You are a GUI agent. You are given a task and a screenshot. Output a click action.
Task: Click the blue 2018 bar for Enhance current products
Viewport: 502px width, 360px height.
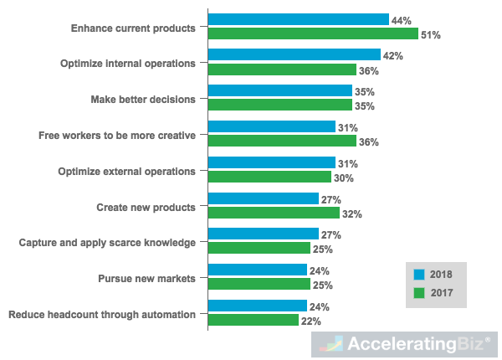(x=298, y=19)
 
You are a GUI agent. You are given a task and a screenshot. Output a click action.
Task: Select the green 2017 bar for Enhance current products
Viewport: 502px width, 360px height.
(x=313, y=34)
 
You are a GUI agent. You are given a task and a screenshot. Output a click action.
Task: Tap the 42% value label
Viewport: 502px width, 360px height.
(x=393, y=55)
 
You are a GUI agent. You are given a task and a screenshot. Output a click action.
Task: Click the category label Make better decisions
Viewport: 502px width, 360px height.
(x=143, y=99)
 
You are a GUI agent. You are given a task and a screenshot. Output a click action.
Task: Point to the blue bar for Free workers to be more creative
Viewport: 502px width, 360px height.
(x=271, y=126)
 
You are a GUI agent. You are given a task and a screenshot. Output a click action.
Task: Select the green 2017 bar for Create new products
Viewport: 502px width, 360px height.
(x=274, y=213)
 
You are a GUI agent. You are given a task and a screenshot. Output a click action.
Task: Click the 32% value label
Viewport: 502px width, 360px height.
(x=351, y=214)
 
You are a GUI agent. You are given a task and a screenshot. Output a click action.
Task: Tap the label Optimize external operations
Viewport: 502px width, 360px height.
(x=126, y=171)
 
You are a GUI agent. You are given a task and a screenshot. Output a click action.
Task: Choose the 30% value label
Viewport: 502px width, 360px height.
(x=344, y=177)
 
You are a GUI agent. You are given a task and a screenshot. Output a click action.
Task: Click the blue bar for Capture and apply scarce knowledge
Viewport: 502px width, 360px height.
(x=263, y=234)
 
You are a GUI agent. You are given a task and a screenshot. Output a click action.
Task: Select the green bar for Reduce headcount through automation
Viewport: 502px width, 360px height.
(x=253, y=321)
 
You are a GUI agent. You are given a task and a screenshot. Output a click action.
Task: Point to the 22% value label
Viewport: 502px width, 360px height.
(x=310, y=321)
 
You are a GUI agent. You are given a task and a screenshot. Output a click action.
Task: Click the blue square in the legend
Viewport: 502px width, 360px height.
(x=419, y=274)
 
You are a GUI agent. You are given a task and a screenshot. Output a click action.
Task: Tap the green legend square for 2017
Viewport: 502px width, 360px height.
(x=419, y=293)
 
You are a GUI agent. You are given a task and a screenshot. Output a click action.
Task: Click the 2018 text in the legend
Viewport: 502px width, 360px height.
(x=441, y=275)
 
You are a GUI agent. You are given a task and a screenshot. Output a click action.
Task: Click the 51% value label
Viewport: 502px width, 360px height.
(x=431, y=35)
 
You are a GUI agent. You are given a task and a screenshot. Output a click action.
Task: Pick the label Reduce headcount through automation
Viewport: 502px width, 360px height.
(x=101, y=315)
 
